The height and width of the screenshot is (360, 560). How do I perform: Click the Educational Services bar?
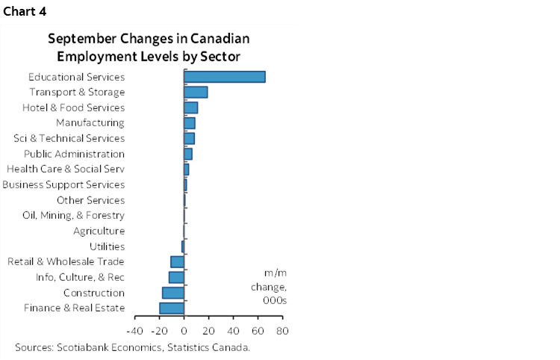(x=225, y=77)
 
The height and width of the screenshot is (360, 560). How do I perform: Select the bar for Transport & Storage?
(x=196, y=92)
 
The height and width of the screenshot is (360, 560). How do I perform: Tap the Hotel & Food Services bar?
(x=190, y=108)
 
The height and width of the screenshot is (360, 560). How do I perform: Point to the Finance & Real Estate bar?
(x=172, y=308)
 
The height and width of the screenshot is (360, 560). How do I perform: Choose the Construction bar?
(x=173, y=293)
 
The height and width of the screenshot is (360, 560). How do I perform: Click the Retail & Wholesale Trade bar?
(x=177, y=261)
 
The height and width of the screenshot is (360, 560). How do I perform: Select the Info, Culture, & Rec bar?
(x=176, y=277)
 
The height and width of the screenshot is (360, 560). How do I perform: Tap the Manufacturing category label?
(x=90, y=122)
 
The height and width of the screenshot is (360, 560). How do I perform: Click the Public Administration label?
(x=74, y=154)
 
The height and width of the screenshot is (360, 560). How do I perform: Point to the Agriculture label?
(x=99, y=231)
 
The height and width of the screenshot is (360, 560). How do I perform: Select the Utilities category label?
(x=107, y=246)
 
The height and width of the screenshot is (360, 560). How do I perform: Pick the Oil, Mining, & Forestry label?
(x=73, y=215)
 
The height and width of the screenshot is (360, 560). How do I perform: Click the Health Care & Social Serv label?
(x=65, y=169)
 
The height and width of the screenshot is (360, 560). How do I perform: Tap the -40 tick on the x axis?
(x=134, y=329)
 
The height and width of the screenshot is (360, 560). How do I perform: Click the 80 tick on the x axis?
(x=282, y=329)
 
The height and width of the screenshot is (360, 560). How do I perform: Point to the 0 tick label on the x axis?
(x=184, y=329)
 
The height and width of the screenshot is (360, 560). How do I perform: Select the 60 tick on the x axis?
(x=258, y=329)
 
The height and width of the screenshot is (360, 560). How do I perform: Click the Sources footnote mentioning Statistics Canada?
(x=132, y=347)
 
